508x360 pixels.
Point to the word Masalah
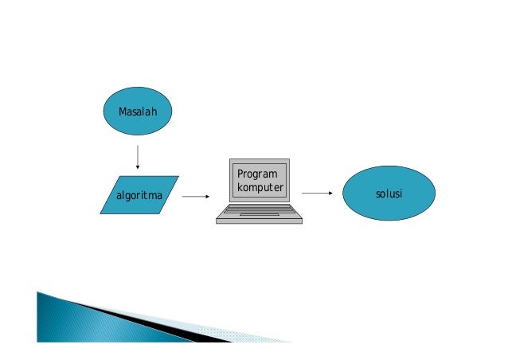[138, 112]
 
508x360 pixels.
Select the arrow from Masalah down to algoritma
[138, 156]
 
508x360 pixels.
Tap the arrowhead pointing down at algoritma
[138, 167]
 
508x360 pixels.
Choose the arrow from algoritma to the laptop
[195, 195]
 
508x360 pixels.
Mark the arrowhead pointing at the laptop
[207, 195]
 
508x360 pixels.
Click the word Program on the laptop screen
[257, 174]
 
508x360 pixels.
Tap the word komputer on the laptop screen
[260, 188]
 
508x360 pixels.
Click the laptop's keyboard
[259, 209]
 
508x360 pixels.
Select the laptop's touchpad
[259, 214]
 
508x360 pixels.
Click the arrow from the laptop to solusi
[316, 193]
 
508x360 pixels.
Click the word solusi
[389, 194]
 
